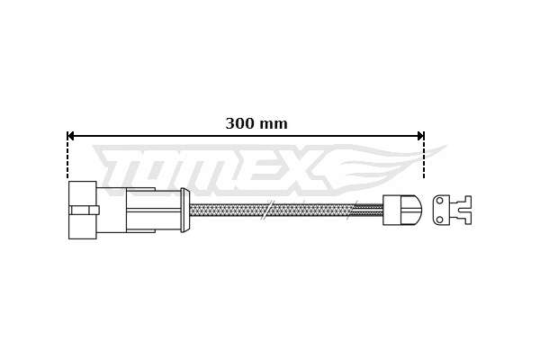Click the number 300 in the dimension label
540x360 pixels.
click(240, 123)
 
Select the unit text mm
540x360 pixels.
click(273, 124)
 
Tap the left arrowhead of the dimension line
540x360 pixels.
click(70, 136)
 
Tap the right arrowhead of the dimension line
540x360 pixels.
click(420, 136)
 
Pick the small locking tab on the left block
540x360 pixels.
click(85, 210)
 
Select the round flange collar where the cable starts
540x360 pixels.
click(184, 210)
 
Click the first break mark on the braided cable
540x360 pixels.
click(267, 210)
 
